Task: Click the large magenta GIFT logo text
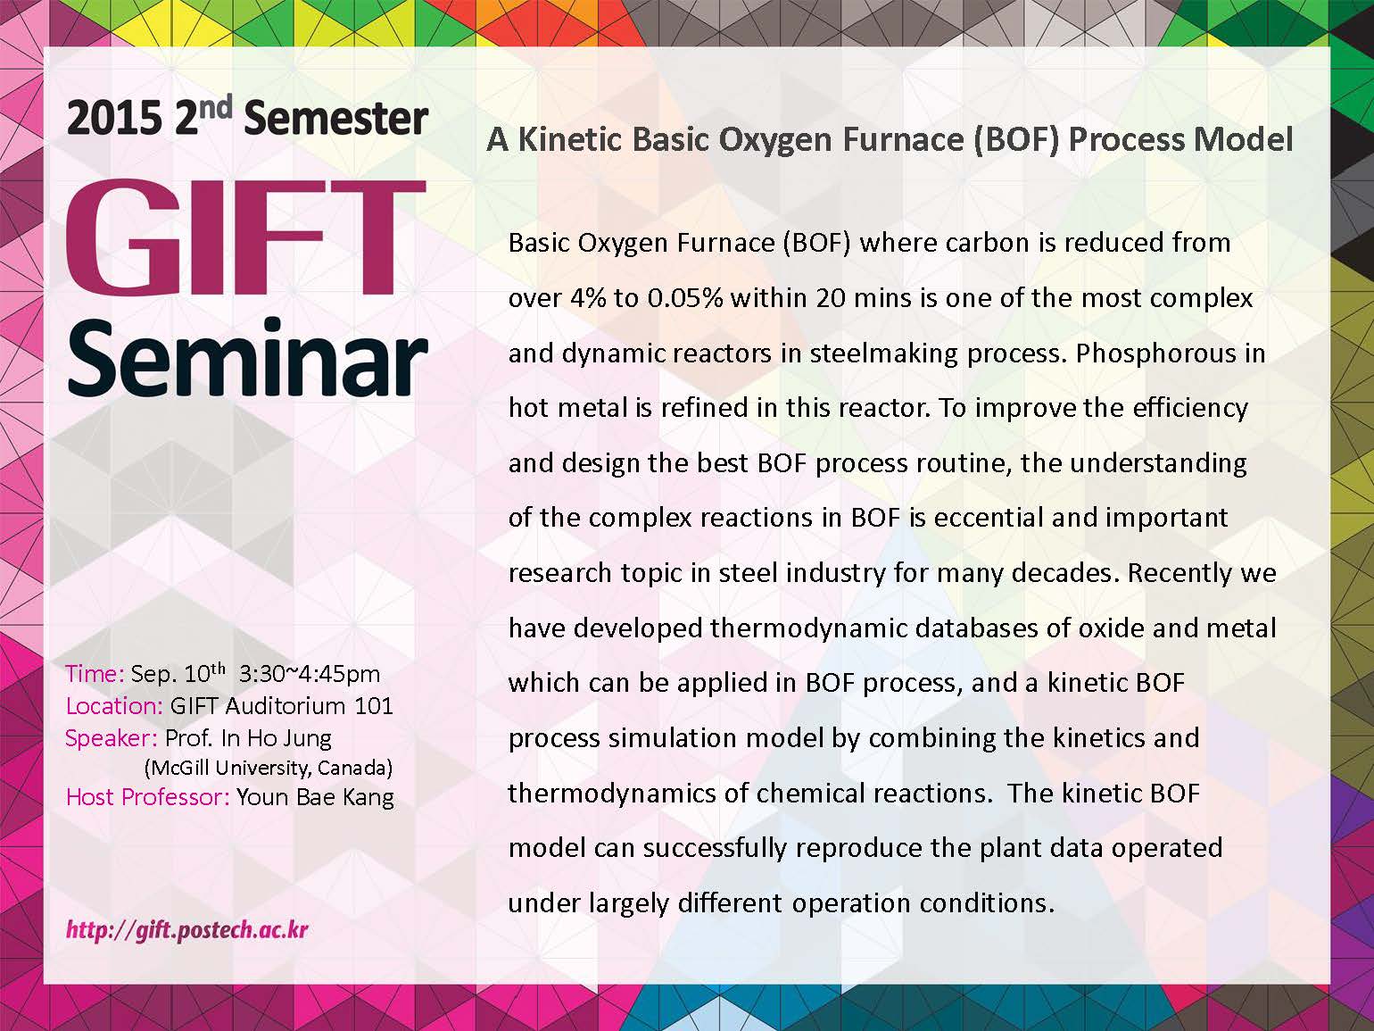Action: tap(246, 237)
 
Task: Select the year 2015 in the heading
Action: tap(114, 119)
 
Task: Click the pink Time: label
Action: tap(95, 674)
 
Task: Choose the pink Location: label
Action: tap(114, 706)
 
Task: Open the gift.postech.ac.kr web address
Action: tap(187, 929)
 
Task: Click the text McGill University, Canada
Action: tap(269, 768)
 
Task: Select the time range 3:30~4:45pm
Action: tap(310, 674)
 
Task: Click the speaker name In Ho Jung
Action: tap(276, 739)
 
